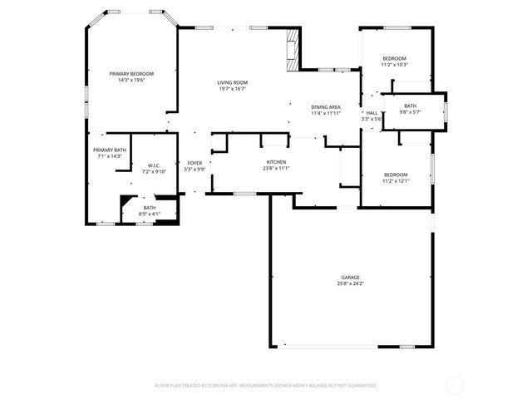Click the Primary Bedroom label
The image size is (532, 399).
[131, 74]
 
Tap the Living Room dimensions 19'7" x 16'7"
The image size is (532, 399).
[233, 89]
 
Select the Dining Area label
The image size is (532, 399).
[326, 107]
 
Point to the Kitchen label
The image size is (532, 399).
[276, 162]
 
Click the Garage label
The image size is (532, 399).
[350, 278]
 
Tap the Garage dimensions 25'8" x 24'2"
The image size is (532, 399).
[350, 283]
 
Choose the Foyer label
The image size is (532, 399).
[195, 163]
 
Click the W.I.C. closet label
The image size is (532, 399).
[154, 165]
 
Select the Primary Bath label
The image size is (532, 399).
[110, 150]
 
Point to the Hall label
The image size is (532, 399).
[372, 113]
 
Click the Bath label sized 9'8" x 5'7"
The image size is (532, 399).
[411, 106]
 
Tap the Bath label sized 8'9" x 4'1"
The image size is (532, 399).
[149, 208]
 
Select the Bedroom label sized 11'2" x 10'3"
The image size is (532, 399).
[394, 58]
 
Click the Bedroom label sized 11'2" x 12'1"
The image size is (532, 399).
[395, 175]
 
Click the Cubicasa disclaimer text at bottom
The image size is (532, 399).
[266, 386]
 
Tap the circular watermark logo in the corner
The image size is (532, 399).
[455, 385]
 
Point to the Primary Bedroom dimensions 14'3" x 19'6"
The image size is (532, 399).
[131, 80]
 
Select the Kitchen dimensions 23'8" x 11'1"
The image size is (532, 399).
[276, 168]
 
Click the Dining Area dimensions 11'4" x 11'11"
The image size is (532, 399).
[326, 113]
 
